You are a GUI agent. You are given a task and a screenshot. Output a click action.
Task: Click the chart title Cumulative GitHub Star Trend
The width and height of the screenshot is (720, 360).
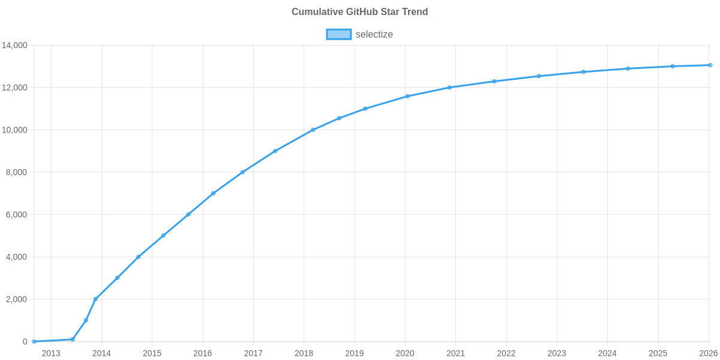click(x=359, y=12)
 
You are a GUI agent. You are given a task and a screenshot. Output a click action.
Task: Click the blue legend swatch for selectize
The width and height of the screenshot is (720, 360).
click(x=338, y=34)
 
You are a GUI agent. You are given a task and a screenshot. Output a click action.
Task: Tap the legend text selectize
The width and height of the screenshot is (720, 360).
click(x=374, y=34)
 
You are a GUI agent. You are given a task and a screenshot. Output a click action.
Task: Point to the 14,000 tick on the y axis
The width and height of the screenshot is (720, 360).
click(x=15, y=46)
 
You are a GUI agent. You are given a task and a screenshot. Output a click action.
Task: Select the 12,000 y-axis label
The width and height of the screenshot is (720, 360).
click(x=15, y=88)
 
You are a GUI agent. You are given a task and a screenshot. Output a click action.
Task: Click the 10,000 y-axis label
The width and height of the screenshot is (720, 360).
click(x=15, y=130)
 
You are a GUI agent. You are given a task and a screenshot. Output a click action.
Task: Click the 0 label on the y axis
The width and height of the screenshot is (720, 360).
click(x=25, y=341)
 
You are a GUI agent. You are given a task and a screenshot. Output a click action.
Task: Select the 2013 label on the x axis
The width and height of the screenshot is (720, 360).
click(x=51, y=353)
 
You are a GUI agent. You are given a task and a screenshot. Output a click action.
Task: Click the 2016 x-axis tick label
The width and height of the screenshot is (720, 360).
click(x=203, y=353)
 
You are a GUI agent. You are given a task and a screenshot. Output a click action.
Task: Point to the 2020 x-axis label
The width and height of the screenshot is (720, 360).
click(x=405, y=353)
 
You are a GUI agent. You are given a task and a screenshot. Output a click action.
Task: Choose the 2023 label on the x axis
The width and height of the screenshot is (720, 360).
click(x=557, y=353)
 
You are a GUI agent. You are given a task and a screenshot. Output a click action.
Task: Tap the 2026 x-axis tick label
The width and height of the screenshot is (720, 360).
click(x=709, y=353)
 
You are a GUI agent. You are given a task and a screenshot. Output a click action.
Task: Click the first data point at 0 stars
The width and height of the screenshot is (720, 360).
click(x=34, y=341)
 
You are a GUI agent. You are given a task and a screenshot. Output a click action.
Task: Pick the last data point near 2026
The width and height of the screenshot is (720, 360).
click(x=710, y=65)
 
